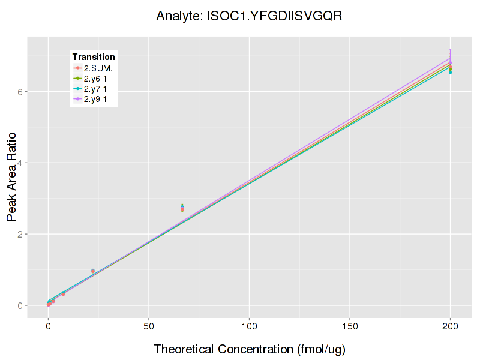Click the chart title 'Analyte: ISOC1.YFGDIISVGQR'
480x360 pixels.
[x=249, y=16]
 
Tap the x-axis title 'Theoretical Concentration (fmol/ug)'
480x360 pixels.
[x=249, y=349]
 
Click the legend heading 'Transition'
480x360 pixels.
[x=94, y=56]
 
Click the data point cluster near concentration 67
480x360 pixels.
[x=182, y=208]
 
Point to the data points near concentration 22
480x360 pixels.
[x=93, y=271]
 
